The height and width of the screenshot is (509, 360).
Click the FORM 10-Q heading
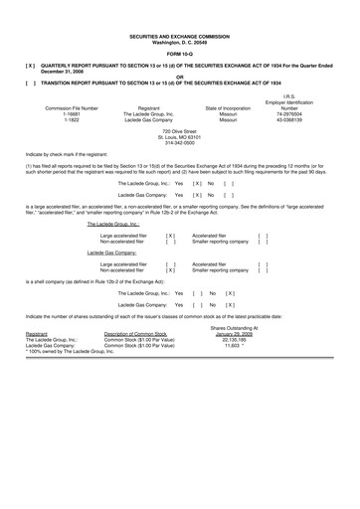[x=179, y=53]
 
